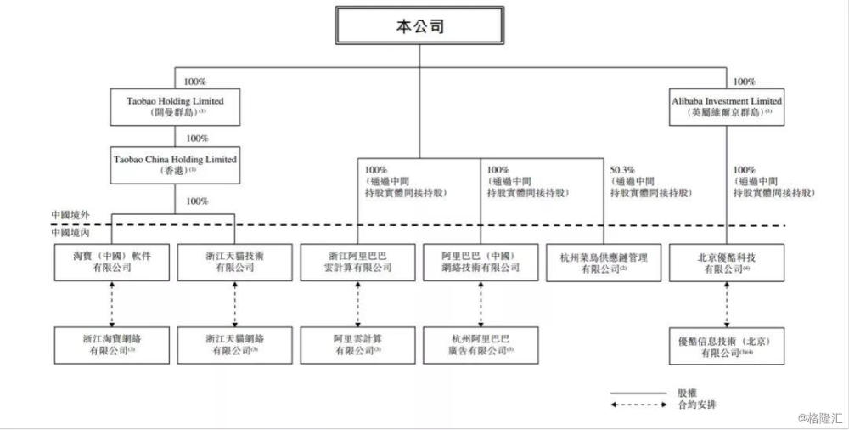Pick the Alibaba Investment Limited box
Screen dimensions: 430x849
[x=727, y=106]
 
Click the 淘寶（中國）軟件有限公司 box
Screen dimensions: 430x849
[x=111, y=263]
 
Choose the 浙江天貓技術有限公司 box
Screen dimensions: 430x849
[x=234, y=263]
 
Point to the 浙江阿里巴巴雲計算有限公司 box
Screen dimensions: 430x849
[x=359, y=263]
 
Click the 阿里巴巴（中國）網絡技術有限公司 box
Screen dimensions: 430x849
[x=481, y=263]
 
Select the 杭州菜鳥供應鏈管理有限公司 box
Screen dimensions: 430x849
[x=604, y=263]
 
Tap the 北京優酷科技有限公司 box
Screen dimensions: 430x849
[x=727, y=263]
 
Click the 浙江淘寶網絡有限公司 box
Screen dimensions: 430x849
[x=111, y=343]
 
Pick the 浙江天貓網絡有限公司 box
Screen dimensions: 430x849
[x=234, y=343]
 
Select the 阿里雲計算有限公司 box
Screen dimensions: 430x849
[x=357, y=343]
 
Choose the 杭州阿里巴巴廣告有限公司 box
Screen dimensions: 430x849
[x=481, y=343]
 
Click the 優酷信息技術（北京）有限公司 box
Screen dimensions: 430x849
[x=727, y=343]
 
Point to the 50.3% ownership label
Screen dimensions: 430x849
[x=624, y=169]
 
